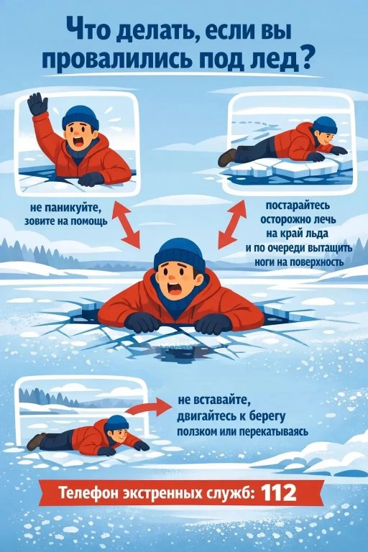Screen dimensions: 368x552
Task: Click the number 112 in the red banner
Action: tap(279, 493)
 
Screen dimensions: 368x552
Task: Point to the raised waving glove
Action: tap(37, 104)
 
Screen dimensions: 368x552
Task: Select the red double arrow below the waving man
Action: tap(126, 226)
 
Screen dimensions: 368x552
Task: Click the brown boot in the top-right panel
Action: tap(227, 157)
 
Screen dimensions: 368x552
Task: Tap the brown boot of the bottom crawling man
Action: tap(35, 441)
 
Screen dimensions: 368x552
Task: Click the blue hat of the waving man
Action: tap(80, 117)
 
